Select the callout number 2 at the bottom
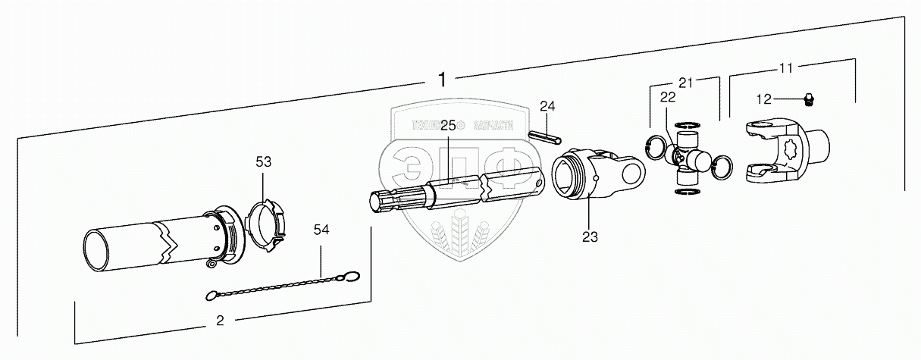coord(220,321)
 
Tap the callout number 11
coord(786,68)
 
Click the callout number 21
coord(686,82)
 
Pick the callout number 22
coord(668,96)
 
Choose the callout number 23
coord(590,236)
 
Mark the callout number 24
coord(547,105)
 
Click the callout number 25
coord(448,124)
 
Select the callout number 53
coord(263,161)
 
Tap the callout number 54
coord(321,230)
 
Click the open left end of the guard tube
coord(97,252)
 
